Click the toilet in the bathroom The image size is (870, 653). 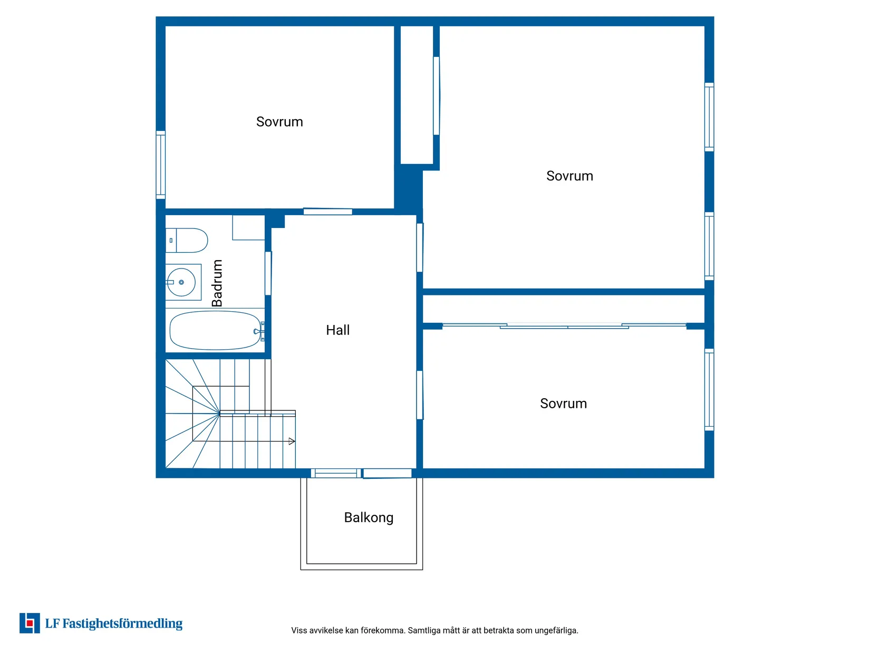[186, 241]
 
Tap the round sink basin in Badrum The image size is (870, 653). [181, 282]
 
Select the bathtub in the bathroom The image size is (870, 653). [216, 330]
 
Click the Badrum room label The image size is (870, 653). [217, 283]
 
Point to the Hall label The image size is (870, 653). [337, 330]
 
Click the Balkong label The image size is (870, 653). [369, 518]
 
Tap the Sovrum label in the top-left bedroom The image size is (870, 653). [279, 122]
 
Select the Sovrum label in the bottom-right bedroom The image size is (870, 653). [563, 404]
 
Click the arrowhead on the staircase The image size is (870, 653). [292, 441]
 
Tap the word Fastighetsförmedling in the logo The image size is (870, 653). [122, 623]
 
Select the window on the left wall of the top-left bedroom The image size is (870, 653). [160, 165]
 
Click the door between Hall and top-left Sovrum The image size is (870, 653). [328, 212]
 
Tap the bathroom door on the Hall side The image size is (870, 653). [268, 274]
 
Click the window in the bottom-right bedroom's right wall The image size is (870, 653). [709, 390]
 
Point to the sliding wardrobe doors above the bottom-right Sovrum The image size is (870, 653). [564, 326]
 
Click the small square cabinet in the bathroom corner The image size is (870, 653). [248, 227]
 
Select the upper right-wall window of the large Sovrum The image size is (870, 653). [709, 117]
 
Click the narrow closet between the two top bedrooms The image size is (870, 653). [417, 95]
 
